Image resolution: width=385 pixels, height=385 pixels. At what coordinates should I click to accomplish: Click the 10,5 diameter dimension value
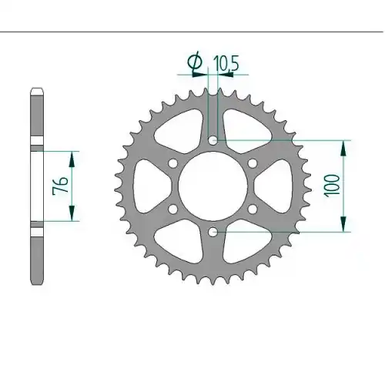point(226,64)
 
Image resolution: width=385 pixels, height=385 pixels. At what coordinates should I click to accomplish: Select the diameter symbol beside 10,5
point(195,62)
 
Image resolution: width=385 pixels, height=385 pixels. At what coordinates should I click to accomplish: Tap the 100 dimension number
point(332,186)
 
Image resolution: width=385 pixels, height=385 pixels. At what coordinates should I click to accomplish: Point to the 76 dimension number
point(60,185)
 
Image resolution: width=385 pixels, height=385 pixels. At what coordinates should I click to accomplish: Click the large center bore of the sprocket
point(213,186)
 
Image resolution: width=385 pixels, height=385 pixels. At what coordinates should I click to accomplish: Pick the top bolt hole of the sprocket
point(213,140)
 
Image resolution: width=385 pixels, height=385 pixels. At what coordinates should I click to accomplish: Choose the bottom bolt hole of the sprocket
point(213,232)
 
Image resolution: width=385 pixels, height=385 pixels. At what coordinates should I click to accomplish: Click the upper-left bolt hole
point(172,163)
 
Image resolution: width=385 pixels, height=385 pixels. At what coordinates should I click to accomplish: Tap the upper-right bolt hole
point(253,163)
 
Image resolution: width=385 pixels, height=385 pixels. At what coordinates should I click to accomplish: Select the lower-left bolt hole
point(172,209)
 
